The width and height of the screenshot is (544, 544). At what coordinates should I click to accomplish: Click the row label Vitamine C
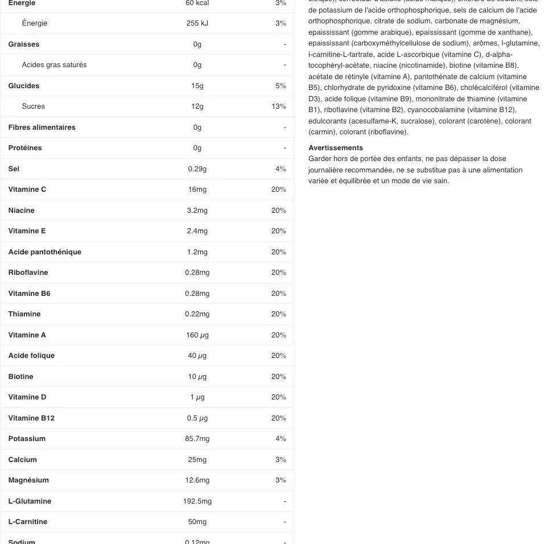tap(27, 189)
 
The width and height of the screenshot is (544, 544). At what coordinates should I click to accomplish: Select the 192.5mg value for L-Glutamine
tap(197, 501)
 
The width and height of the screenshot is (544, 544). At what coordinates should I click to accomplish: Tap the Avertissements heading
tap(335, 148)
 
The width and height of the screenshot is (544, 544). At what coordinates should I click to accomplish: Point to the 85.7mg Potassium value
tap(197, 439)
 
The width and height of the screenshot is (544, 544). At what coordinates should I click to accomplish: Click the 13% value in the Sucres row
tap(279, 106)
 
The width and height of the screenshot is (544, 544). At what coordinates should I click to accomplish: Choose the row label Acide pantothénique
tap(44, 252)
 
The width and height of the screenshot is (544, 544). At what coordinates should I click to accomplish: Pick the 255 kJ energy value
tap(197, 23)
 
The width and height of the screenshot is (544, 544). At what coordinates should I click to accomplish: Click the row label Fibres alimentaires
tap(42, 127)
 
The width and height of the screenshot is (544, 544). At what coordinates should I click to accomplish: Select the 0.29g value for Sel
tap(197, 169)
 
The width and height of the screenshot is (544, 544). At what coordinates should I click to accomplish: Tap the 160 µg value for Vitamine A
tap(197, 335)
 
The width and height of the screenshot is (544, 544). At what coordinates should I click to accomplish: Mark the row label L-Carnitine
tap(28, 522)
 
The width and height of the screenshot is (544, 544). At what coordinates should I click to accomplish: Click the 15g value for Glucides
tap(197, 86)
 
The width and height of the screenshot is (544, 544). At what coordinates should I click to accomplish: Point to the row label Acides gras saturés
tap(54, 65)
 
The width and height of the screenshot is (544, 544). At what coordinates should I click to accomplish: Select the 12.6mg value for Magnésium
tap(197, 480)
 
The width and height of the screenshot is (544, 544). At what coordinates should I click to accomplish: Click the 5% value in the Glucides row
tap(281, 86)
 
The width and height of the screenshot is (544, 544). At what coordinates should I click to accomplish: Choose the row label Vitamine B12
tap(31, 418)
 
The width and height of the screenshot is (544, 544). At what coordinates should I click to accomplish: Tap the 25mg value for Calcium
tap(197, 460)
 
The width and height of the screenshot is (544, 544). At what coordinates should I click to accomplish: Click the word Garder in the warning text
tap(320, 159)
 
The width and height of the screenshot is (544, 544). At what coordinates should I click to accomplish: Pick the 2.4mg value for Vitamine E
tap(197, 231)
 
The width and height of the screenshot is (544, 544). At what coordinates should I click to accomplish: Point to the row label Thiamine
tap(24, 314)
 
